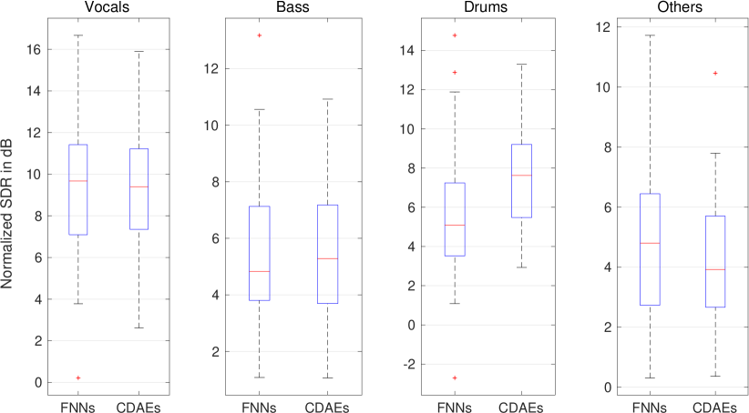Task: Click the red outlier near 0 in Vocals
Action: click(x=78, y=377)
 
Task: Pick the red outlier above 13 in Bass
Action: click(x=260, y=35)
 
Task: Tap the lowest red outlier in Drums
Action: click(x=454, y=378)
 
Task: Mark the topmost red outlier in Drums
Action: click(x=454, y=35)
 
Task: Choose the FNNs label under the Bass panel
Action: click(x=260, y=407)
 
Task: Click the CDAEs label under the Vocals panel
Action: click(x=139, y=407)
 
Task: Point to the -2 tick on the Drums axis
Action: click(x=407, y=364)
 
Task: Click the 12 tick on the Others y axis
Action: click(x=606, y=26)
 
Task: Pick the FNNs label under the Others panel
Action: click(x=650, y=407)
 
